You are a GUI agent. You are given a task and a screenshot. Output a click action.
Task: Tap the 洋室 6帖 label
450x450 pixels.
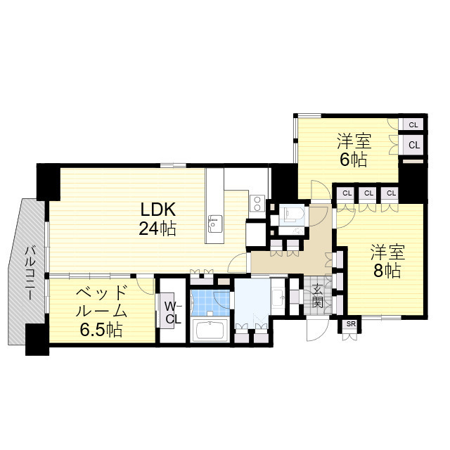click(353, 150)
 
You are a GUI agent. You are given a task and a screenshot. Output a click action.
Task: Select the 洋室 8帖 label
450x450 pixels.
click(386, 260)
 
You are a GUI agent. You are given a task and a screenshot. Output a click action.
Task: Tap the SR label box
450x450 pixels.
click(349, 325)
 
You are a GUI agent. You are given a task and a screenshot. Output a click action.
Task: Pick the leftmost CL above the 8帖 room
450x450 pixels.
click(346, 193)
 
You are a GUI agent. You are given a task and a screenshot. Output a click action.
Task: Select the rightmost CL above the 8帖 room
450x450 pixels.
click(390, 193)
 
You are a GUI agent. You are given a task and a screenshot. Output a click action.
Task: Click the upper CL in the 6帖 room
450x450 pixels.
click(413, 124)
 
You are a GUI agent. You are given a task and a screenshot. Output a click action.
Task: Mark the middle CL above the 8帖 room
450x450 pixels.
click(368, 193)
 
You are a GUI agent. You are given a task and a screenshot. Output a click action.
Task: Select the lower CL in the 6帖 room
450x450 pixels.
click(413, 145)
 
